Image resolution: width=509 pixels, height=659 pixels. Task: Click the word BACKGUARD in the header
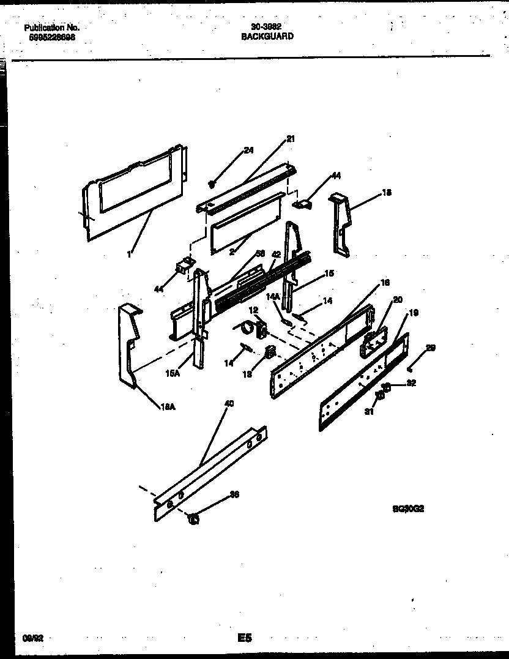(267, 36)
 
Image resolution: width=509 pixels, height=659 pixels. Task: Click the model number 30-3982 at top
(266, 27)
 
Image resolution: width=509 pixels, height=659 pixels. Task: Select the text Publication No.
(51, 28)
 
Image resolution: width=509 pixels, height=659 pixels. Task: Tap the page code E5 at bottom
(245, 638)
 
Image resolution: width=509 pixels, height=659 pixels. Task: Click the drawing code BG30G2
(408, 508)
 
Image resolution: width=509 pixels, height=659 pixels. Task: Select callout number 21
(290, 139)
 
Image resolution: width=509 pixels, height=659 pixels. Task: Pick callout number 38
(233, 494)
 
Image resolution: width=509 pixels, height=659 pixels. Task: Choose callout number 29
(430, 348)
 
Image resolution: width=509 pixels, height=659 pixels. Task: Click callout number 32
(411, 384)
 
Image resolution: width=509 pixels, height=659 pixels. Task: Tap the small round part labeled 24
(212, 183)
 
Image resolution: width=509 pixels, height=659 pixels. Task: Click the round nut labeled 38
(193, 520)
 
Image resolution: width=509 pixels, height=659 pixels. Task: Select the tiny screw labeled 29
(409, 369)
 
